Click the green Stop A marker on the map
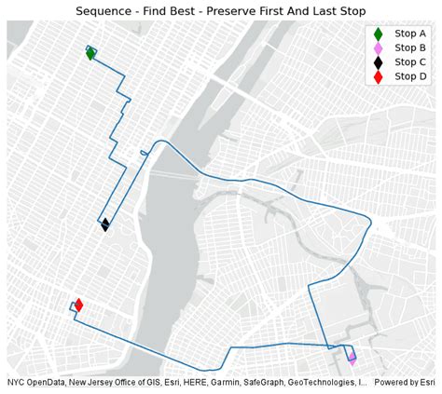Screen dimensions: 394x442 [90, 54]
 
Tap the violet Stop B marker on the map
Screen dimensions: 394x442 [352, 359]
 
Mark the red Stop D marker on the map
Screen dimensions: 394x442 [78, 305]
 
